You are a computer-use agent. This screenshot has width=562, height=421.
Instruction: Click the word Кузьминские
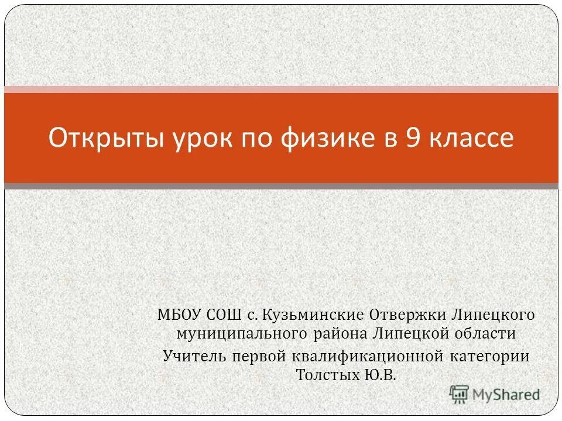312,315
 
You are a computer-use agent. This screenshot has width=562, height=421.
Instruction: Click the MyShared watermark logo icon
460,394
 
